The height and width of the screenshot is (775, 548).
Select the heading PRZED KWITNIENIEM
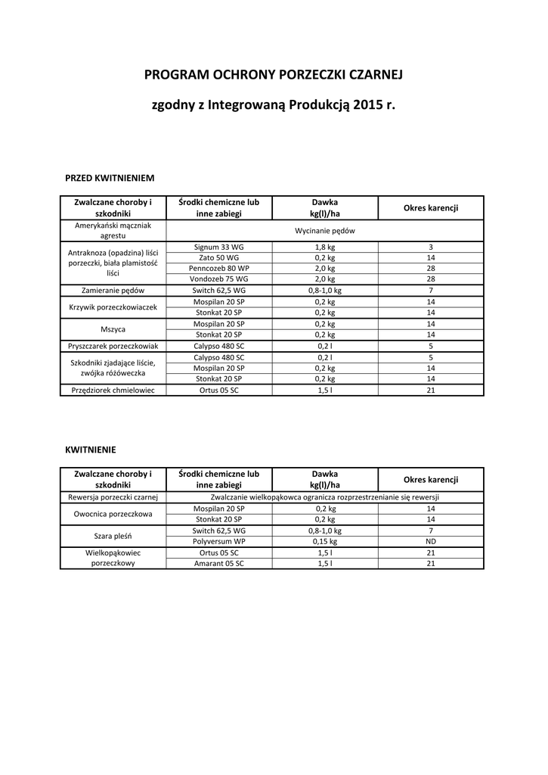(110, 178)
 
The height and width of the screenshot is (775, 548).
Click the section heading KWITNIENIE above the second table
(91, 449)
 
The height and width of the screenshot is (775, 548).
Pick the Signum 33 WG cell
(218, 247)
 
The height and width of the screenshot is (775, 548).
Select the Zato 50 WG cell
(218, 257)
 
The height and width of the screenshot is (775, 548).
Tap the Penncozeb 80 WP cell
(218, 268)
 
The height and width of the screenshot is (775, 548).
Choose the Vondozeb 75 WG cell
(218, 279)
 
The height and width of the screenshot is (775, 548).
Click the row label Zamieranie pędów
(113, 290)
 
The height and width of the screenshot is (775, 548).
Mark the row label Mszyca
(113, 329)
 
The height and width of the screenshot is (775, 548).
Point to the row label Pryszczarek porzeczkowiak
(113, 345)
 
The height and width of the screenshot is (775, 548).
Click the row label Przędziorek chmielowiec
(113, 390)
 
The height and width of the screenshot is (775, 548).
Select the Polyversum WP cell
(218, 542)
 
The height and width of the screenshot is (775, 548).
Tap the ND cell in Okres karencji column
(430, 542)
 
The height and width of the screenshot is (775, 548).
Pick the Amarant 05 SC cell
(218, 563)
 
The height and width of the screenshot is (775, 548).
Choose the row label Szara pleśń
(113, 537)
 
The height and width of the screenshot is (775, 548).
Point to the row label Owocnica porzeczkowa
(113, 514)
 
